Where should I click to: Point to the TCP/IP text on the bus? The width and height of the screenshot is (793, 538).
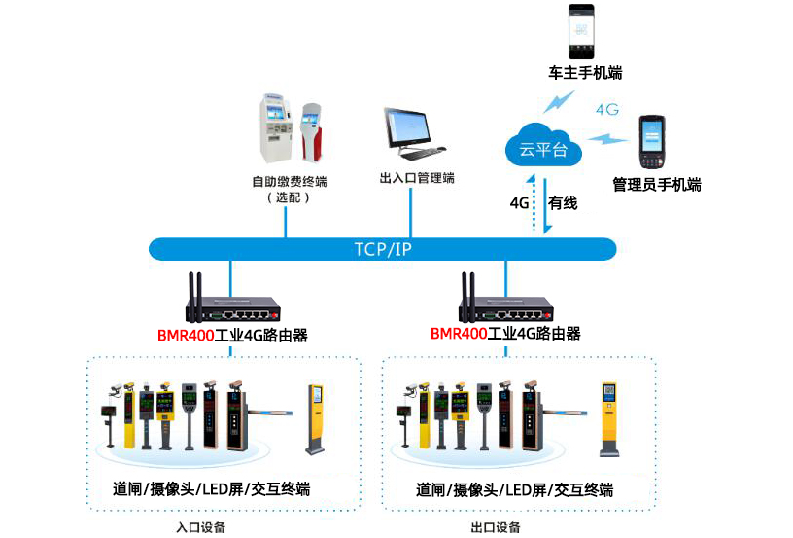[383, 249]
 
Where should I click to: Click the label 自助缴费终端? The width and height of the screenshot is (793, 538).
[289, 182]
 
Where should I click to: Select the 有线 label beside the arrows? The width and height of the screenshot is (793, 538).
[563, 203]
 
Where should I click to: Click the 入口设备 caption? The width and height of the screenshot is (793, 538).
[200, 527]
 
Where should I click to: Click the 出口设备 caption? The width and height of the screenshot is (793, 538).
[495, 527]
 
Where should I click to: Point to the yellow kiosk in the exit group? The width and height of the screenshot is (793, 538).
[608, 419]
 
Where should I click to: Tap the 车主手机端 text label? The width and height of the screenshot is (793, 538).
[585, 74]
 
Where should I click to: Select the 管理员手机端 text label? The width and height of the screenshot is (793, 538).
[656, 184]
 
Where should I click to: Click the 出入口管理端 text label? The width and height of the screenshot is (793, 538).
[417, 178]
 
